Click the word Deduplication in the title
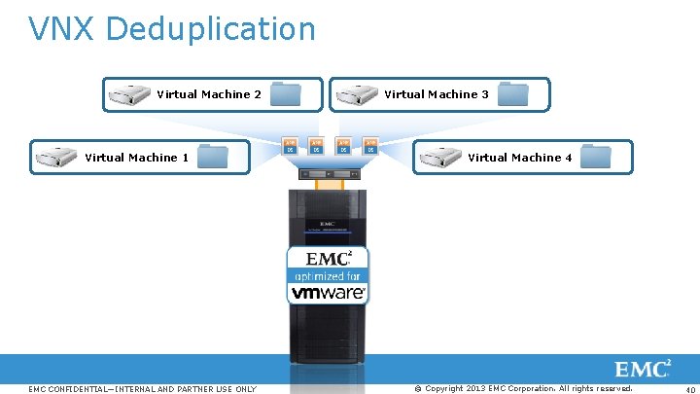coord(211,29)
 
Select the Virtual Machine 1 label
coord(137,158)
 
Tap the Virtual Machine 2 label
coord(209,95)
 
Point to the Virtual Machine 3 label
coord(437,95)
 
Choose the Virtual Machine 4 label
coord(520,158)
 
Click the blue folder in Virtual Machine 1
coord(212,157)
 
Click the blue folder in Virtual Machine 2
coord(288,94)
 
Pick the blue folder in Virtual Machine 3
coord(512,94)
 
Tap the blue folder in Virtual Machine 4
coord(595,157)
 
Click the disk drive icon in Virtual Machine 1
coord(55,157)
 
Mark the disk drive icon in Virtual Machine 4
coord(439,157)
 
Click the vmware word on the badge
coord(327,292)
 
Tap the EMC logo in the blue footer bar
coord(643,370)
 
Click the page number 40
coord(687,390)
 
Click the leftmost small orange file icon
coord(290,147)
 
